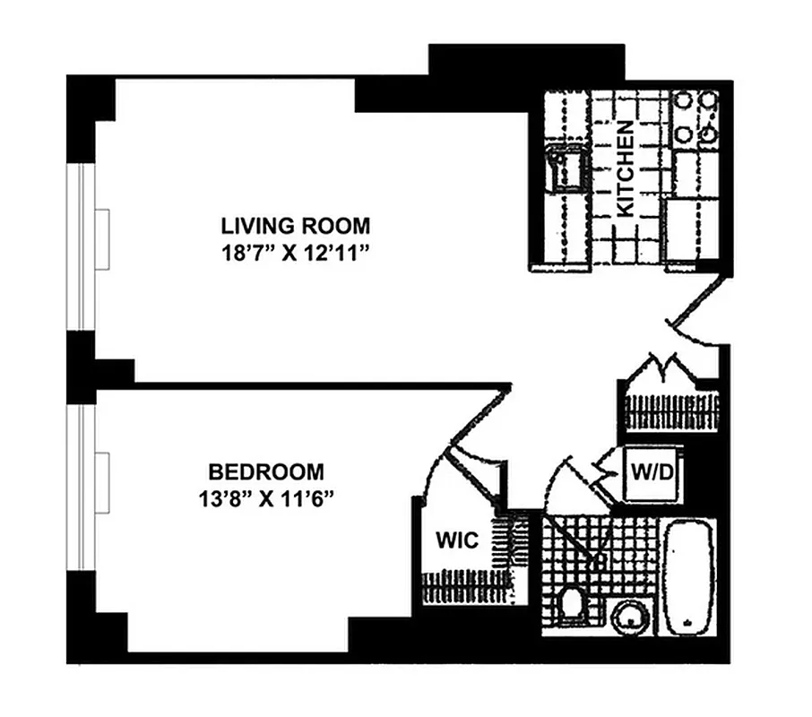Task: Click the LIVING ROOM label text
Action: pos(296,224)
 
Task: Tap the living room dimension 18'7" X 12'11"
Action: pos(296,252)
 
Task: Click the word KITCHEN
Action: pos(626,168)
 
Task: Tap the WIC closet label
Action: pos(458,540)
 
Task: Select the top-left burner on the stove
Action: pos(683,99)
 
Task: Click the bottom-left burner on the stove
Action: pos(683,134)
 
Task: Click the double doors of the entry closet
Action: pos(668,367)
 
